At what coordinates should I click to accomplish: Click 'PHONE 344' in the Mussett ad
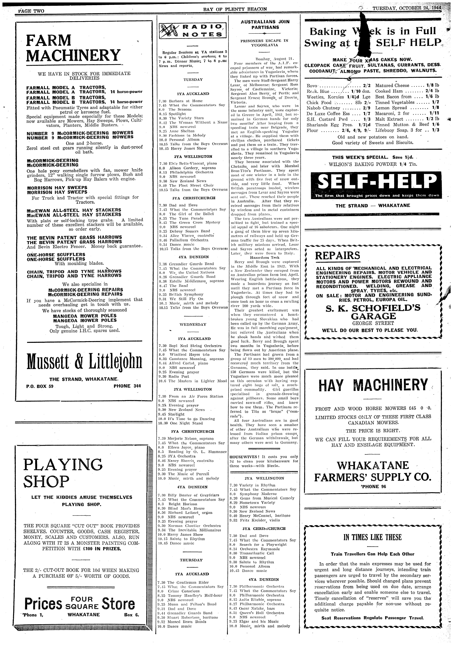pyautogui.click(x=127, y=386)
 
